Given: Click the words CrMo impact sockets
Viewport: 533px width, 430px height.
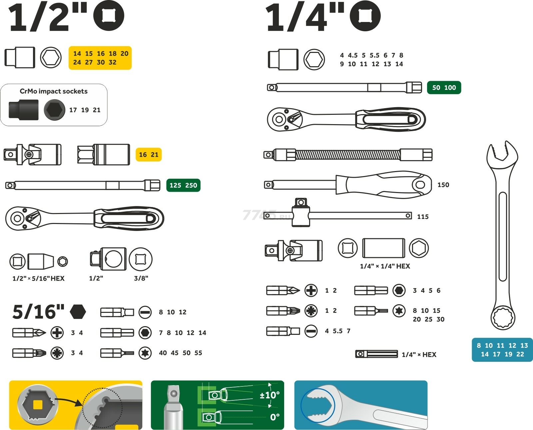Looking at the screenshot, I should tap(54, 91).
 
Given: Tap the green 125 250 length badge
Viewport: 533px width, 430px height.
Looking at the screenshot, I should tap(183, 185).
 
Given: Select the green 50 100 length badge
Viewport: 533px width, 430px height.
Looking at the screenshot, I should tap(444, 88).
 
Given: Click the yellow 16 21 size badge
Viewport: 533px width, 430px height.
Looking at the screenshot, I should tap(149, 155).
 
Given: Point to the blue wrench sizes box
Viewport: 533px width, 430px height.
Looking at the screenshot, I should tap(502, 350).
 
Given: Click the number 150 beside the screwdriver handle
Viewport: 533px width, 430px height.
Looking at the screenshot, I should tap(443, 185).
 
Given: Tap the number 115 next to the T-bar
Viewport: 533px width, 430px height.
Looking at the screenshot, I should tap(423, 217).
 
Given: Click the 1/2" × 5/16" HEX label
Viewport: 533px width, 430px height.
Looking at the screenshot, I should tap(38, 279).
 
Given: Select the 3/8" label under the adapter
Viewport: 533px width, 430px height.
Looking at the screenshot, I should tap(141, 278).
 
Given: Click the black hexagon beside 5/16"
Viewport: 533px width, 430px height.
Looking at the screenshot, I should tap(78, 312).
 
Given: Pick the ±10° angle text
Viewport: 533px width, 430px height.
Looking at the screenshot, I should tap(269, 395).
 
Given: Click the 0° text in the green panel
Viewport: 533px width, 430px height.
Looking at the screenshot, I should tap(275, 417).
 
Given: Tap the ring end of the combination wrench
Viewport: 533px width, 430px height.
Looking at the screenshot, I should tap(503, 318).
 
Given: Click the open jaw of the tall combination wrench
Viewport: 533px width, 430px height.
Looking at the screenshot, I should tap(502, 153).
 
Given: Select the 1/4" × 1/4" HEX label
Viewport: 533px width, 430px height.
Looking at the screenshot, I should tap(385, 266).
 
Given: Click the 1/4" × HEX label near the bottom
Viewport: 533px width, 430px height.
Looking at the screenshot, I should tap(419, 355).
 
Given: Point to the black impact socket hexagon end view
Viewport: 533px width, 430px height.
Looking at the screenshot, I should tap(55, 110).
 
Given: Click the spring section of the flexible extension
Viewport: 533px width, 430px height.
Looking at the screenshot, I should tap(348, 155).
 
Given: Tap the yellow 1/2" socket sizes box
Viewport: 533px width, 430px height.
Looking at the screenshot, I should tap(100, 58).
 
